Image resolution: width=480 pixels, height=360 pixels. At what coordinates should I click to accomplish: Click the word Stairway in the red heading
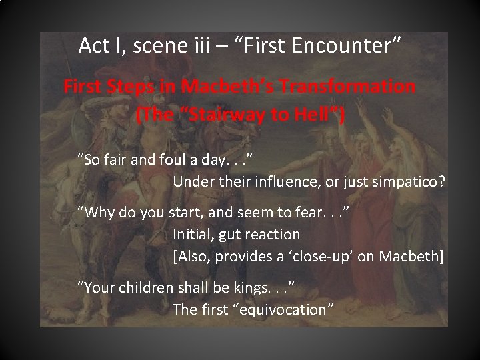pos(226,115)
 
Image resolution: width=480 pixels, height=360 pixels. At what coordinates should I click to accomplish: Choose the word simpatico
pos(404,181)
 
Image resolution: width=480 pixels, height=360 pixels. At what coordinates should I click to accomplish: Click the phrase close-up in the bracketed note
pos(331,255)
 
